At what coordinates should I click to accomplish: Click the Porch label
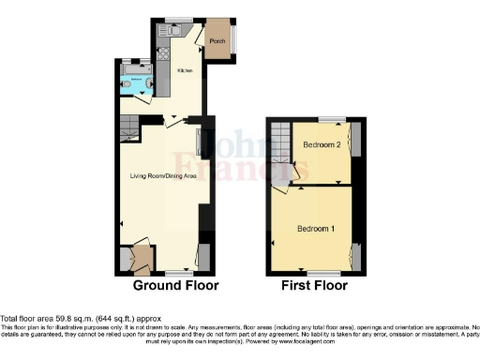[217, 41]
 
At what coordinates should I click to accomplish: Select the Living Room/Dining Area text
[161, 175]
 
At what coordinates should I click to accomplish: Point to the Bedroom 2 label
[320, 144]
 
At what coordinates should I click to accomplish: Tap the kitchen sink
[175, 28]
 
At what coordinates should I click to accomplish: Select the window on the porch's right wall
[235, 39]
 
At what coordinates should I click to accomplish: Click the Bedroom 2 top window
[328, 119]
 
